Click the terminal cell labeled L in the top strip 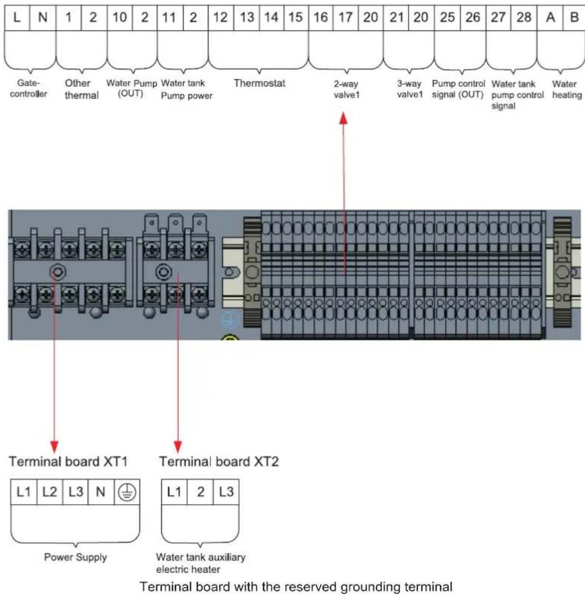(17, 17)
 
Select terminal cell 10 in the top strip (120, 17)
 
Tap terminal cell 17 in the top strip (345, 17)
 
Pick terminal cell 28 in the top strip (524, 17)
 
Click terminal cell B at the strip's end (574, 17)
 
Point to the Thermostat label (259, 83)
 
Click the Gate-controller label (29, 88)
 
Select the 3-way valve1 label (410, 89)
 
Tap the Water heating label (567, 89)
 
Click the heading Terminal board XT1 (68, 461)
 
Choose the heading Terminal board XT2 (219, 461)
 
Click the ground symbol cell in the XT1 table (127, 492)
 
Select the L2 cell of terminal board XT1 (50, 492)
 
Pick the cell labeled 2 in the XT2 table (200, 492)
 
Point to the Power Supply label (76, 557)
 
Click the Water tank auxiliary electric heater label (200, 563)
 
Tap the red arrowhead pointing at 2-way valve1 (344, 118)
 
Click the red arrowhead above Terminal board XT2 (178, 447)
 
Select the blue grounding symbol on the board (230, 320)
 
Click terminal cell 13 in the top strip (247, 17)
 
